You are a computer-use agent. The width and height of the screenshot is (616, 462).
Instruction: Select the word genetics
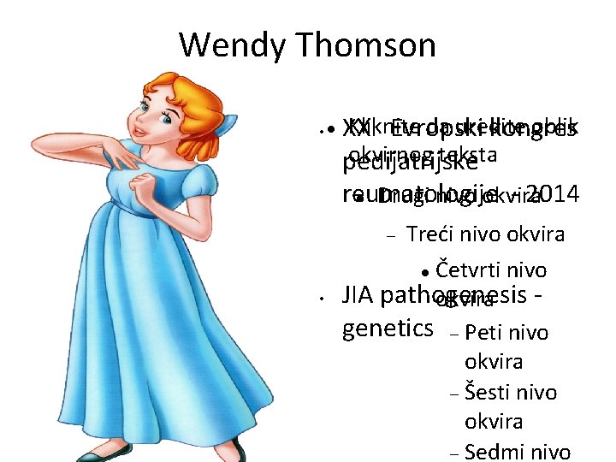pyautogui.click(x=386, y=329)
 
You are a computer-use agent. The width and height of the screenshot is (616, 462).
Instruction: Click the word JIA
pyautogui.click(x=358, y=296)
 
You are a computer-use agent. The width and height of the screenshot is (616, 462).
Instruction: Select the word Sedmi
pyautogui.click(x=494, y=452)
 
